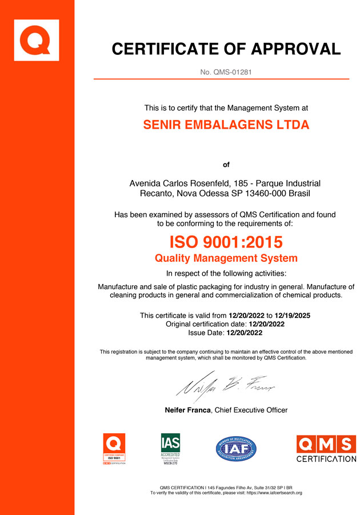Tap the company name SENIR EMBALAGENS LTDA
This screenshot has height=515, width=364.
click(x=226, y=125)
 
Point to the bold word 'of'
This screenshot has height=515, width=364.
click(x=226, y=165)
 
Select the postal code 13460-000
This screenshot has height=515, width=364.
click(x=261, y=194)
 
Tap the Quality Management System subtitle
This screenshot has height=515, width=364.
click(x=226, y=258)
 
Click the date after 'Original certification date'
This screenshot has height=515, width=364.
click(x=265, y=324)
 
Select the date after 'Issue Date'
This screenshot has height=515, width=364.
click(x=245, y=333)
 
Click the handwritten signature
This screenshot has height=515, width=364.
click(x=226, y=389)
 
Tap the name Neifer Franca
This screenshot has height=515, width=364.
click(x=188, y=410)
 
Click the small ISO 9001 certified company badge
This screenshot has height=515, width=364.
click(x=114, y=449)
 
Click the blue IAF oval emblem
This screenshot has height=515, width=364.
click(x=236, y=449)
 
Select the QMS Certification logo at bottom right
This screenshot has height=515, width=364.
click(x=326, y=449)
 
